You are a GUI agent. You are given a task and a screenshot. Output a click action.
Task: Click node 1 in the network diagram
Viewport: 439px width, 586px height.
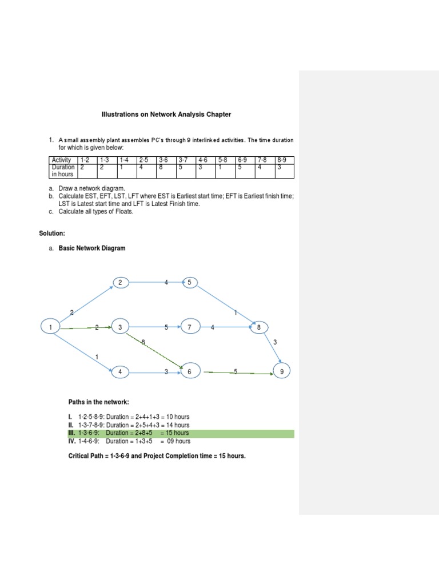click(51, 327)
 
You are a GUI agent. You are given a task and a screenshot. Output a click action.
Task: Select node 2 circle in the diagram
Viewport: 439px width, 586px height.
click(121, 282)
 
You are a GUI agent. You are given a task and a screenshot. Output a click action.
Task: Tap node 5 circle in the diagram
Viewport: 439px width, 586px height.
click(189, 282)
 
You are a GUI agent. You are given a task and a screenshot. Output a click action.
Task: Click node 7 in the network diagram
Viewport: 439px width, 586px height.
click(189, 327)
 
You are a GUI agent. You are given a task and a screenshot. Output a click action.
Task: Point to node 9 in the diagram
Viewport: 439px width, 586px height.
click(281, 372)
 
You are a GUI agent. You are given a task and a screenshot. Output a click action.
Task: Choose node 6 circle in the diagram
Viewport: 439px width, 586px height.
click(189, 372)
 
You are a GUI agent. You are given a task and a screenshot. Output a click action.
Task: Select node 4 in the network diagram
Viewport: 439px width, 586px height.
click(121, 372)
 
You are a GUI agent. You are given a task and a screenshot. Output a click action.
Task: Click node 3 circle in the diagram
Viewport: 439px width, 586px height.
click(121, 327)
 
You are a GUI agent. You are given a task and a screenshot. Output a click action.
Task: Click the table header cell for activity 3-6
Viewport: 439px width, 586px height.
click(166, 160)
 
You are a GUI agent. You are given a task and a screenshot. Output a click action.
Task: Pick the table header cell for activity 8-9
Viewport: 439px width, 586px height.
click(284, 160)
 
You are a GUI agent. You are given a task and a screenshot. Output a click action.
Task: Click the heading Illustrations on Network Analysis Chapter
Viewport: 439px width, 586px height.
click(166, 114)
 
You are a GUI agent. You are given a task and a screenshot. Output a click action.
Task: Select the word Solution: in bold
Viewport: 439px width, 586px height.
click(52, 233)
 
